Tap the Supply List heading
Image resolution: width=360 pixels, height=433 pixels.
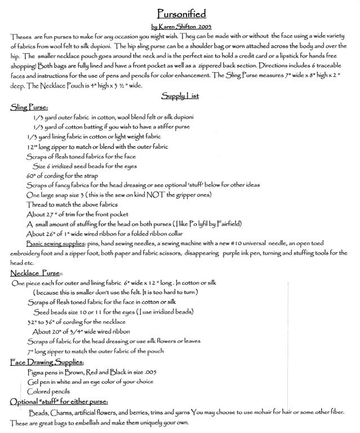click(180, 96)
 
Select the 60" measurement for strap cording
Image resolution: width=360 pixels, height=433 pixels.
click(32, 175)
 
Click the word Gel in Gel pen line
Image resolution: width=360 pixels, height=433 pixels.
click(33, 382)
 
